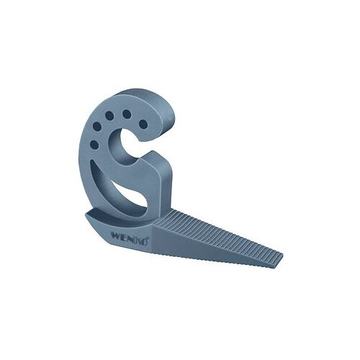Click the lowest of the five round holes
[x=94, y=145]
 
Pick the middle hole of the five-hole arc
[x=108, y=114]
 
